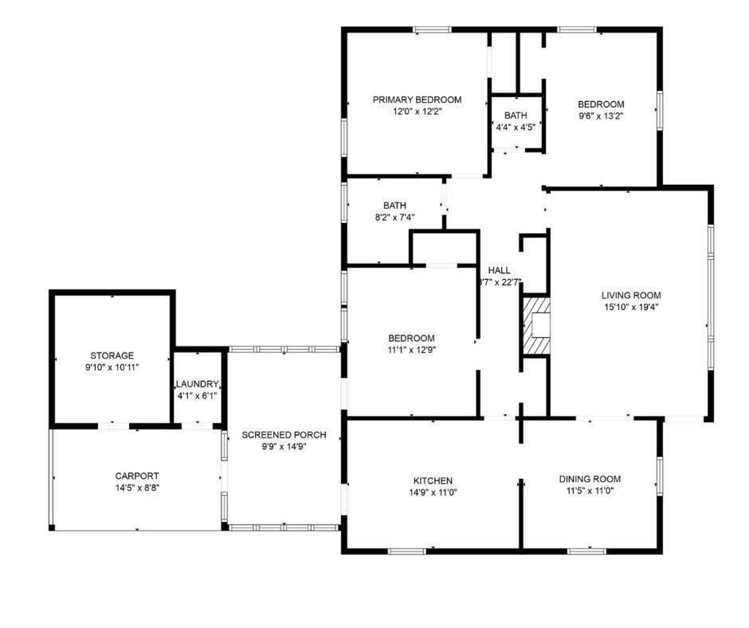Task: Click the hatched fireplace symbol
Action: click(535, 325)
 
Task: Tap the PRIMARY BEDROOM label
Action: click(417, 100)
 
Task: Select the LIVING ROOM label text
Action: click(630, 295)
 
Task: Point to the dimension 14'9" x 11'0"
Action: click(433, 492)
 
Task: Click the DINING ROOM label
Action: click(590, 479)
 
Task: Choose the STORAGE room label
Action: click(112, 355)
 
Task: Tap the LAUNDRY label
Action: click(197, 384)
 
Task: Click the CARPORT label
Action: click(135, 475)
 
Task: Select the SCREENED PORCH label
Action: click(284, 435)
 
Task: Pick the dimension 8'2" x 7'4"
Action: click(394, 217)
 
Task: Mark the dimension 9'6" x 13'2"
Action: click(600, 116)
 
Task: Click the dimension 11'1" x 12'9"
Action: click(411, 349)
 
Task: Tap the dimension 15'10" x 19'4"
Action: click(630, 307)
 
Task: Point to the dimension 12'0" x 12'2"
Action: click(417, 112)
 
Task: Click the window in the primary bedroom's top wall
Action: click(431, 30)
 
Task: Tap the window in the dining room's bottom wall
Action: click(586, 550)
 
